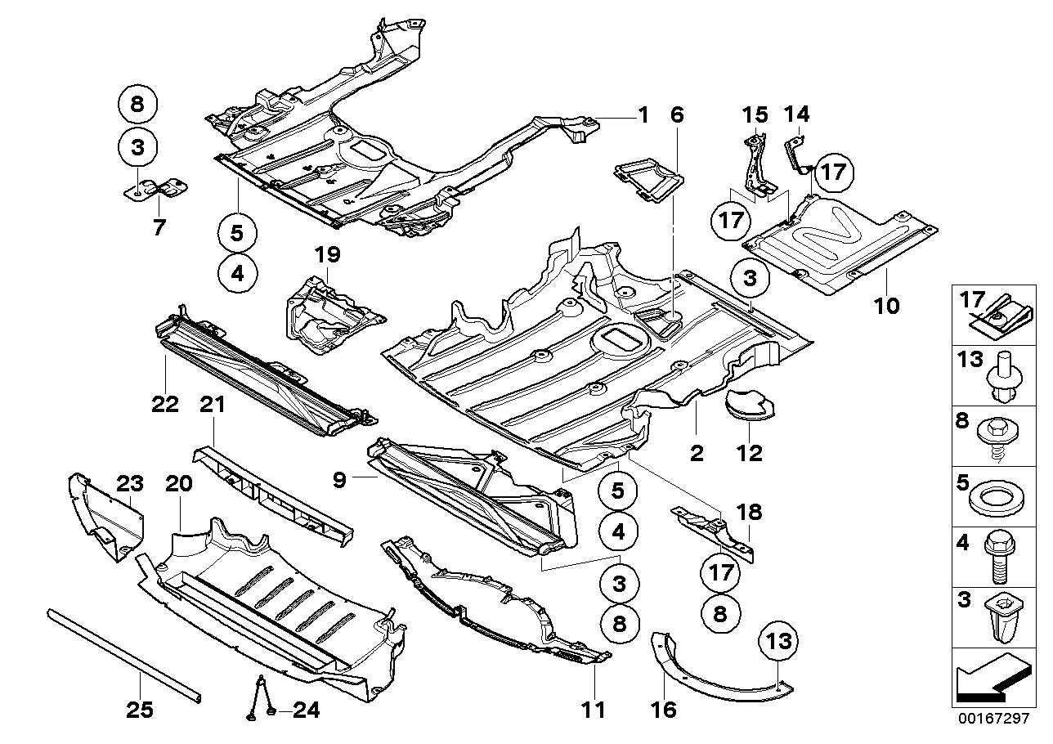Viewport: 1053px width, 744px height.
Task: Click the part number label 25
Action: click(x=140, y=710)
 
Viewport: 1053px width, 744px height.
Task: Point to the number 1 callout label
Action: click(x=643, y=115)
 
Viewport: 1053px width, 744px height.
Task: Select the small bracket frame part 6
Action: click(x=648, y=179)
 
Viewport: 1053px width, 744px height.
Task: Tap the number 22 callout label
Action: click(x=164, y=405)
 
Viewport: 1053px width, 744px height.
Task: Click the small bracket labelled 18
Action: click(x=711, y=531)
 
